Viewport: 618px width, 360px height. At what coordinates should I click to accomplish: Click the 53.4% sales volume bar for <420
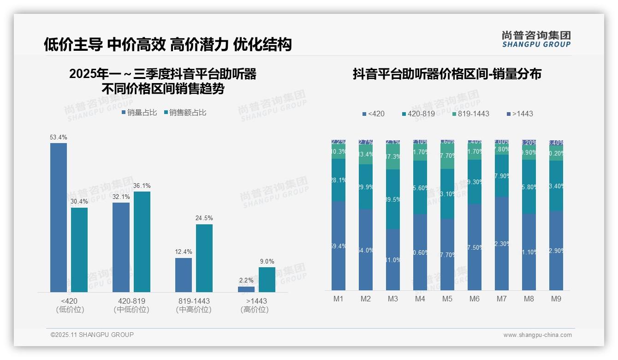click(59, 217)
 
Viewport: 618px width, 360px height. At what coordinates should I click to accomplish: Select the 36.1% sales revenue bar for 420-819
click(142, 241)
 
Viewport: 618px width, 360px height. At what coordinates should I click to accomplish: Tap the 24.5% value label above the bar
click(204, 218)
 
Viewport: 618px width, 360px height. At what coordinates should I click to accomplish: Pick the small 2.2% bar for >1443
click(246, 289)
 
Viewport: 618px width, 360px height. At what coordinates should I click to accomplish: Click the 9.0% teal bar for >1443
click(267, 280)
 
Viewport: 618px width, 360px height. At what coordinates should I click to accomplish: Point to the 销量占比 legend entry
click(139, 113)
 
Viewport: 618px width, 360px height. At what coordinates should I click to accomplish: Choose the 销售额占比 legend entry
click(185, 113)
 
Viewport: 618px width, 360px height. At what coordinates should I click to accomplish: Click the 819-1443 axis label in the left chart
click(194, 301)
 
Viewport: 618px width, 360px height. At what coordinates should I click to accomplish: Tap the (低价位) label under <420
click(70, 310)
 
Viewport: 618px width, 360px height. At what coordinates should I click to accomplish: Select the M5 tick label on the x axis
click(447, 299)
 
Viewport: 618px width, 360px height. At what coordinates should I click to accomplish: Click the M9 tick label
click(556, 299)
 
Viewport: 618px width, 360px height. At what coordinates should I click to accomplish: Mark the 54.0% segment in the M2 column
click(366, 250)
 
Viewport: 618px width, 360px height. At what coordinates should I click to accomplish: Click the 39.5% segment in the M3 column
click(393, 199)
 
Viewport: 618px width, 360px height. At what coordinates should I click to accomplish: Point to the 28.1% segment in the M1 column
click(339, 180)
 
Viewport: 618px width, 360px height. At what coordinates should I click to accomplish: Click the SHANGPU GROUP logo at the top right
click(536, 39)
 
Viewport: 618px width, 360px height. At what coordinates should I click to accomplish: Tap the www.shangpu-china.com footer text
click(537, 335)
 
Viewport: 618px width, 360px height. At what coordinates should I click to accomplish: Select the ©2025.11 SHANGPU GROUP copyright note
click(92, 335)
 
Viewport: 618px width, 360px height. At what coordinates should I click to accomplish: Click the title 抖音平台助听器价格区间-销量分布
click(447, 74)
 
